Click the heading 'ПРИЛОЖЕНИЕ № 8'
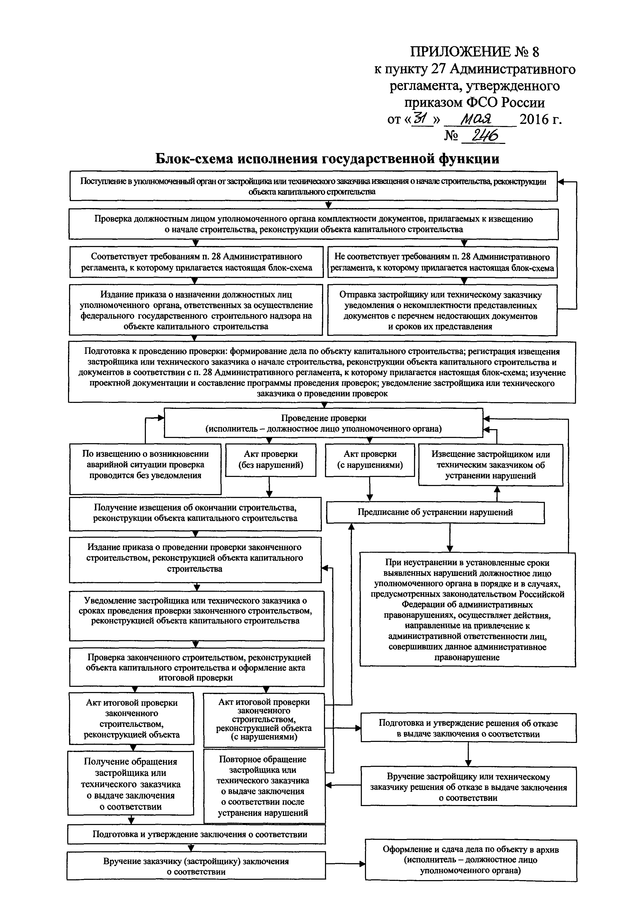(474, 52)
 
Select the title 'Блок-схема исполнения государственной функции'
(327, 159)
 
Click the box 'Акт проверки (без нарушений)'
(270, 460)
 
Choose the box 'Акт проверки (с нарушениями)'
(370, 460)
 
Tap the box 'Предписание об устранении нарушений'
(435, 512)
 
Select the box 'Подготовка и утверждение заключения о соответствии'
(196, 834)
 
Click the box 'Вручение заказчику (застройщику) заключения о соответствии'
(196, 866)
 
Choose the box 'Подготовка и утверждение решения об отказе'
(468, 728)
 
